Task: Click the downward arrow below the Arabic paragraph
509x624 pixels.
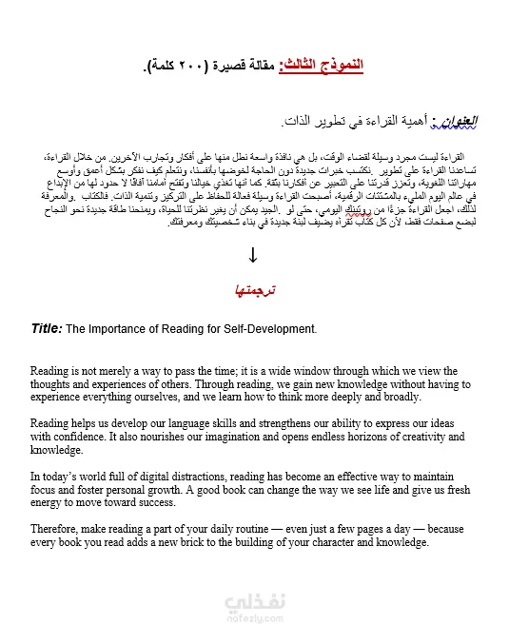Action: [253, 254]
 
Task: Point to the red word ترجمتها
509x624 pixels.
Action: [253, 289]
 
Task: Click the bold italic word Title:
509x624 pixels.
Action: [47, 328]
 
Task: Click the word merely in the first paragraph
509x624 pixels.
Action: [121, 371]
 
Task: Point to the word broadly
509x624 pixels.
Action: [396, 397]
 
